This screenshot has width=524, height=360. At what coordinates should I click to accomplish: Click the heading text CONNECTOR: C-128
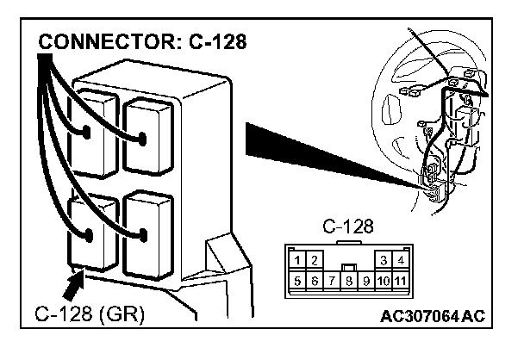pyautogui.click(x=142, y=42)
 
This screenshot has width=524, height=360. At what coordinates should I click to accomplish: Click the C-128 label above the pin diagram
pyautogui.click(x=348, y=227)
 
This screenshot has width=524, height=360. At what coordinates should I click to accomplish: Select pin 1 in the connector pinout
pyautogui.click(x=296, y=260)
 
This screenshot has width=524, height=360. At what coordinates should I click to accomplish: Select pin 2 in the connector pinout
pyautogui.click(x=314, y=260)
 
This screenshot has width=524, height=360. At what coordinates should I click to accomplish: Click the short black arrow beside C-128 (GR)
pyautogui.click(x=74, y=282)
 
